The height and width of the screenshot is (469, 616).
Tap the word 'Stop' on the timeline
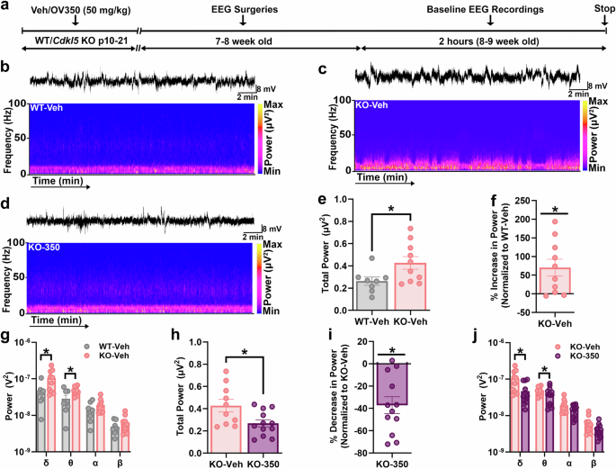(601, 7)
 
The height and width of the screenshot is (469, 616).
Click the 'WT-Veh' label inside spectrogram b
(47, 108)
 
